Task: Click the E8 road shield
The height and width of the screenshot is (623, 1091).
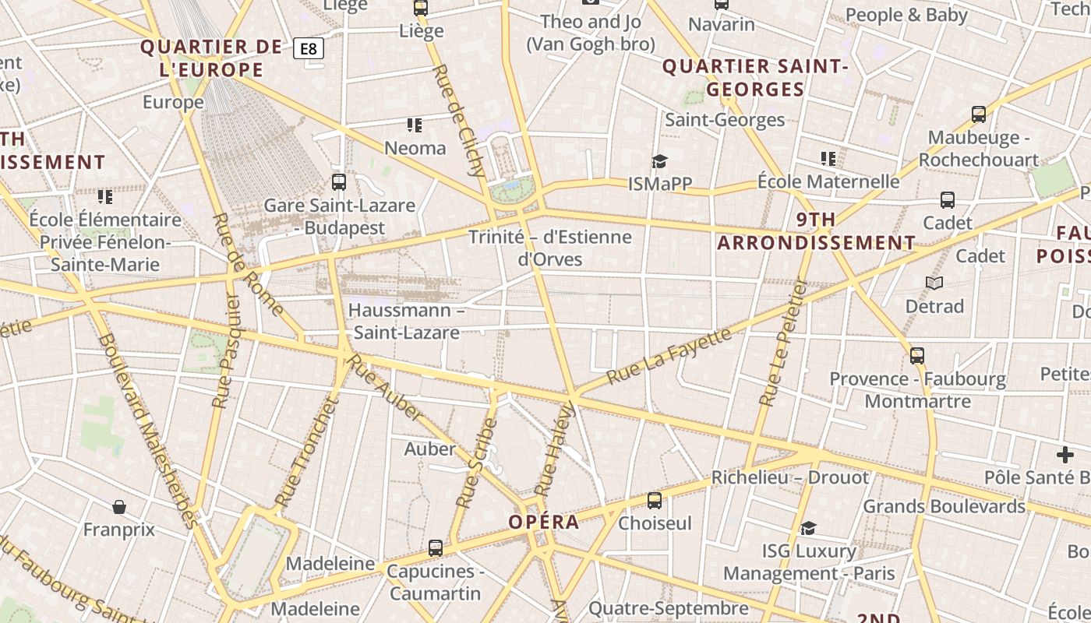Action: pos(309,49)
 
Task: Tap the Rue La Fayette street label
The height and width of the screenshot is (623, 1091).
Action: pos(669,356)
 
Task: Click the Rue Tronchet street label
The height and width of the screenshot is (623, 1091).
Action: pos(309,452)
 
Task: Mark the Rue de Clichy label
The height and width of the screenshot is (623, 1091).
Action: pos(459,120)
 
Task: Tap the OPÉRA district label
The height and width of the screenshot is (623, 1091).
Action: pos(544,522)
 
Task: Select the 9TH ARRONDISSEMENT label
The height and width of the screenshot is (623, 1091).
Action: pos(816,231)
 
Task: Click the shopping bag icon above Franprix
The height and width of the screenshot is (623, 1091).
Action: pos(119,507)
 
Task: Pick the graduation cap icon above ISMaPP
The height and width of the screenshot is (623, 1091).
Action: pos(660,161)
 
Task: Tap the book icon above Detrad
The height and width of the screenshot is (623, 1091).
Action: pos(934,283)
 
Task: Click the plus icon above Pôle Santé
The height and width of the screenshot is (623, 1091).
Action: pos(1065,454)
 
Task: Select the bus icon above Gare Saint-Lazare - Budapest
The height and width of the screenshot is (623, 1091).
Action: pos(339,182)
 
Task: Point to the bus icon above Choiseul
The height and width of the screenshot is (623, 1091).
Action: pos(655,500)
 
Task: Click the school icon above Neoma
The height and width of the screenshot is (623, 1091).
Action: pos(415,125)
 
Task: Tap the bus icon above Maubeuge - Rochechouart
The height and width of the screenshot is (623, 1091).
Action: pos(979,114)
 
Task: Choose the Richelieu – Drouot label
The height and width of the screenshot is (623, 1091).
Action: pos(790,477)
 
